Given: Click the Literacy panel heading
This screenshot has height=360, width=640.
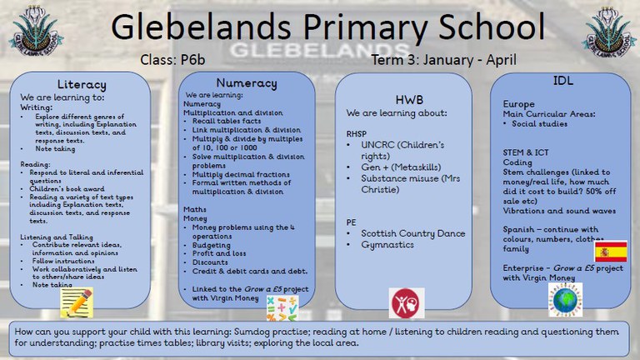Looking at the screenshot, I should pyautogui.click(x=81, y=85).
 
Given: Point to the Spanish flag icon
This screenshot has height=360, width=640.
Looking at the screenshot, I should pyautogui.click(x=610, y=252).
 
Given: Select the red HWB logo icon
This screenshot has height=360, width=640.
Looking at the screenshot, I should pyautogui.click(x=407, y=302).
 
